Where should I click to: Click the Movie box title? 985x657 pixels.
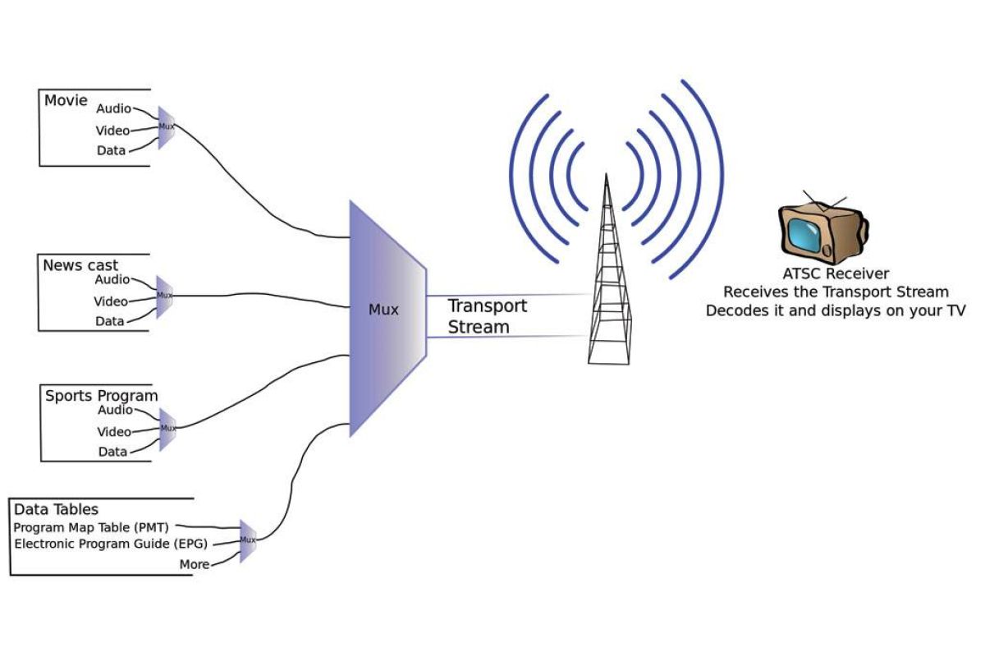pos(66,100)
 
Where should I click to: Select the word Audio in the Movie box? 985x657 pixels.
pos(113,108)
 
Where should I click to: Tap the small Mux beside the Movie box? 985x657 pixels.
pos(167,127)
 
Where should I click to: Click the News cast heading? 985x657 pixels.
pos(80,265)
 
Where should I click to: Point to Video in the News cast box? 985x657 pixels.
pos(111,301)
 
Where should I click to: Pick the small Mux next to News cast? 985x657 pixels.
pos(165,296)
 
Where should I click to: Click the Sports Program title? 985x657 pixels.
pos(101,396)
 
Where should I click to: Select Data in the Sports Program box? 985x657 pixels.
pos(112,452)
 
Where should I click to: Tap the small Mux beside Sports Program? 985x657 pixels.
pos(167,428)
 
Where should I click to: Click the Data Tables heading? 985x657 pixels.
pos(56,510)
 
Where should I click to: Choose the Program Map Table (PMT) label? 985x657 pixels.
pos(91,527)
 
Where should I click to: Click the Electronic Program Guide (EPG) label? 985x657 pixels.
pos(111,544)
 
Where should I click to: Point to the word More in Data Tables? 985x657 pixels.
pos(195,564)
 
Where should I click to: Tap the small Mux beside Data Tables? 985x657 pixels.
pos(248,540)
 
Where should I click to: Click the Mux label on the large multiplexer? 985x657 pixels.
pos(383,310)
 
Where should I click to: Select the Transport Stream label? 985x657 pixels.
pos(487,316)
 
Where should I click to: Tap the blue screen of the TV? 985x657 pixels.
pos(803,235)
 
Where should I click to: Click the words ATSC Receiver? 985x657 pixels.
pos(836,273)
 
